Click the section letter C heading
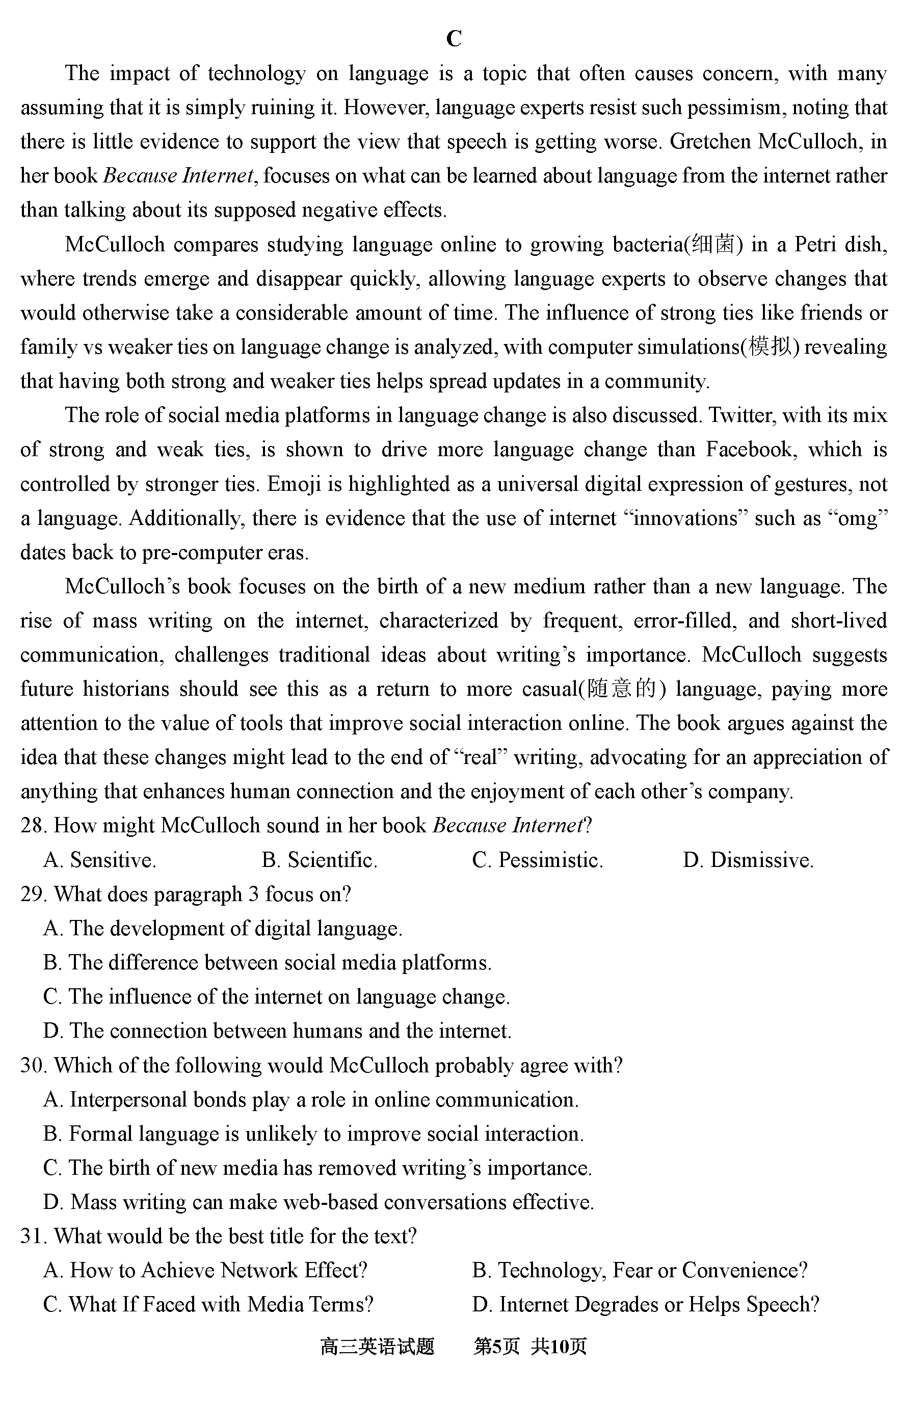coord(454,39)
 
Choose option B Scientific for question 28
coord(320,860)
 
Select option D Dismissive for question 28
coord(748,860)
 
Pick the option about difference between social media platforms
coord(268,963)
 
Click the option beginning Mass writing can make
coord(319,1203)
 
